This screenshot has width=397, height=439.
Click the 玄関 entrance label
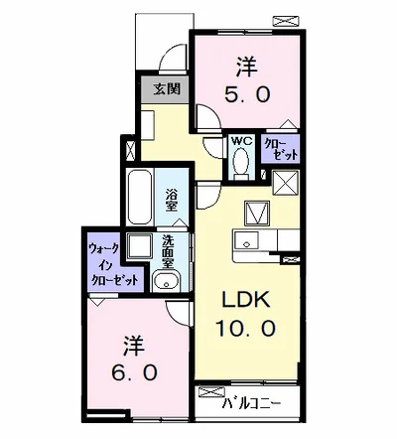(x=166, y=89)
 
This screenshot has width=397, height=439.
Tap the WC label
(x=241, y=142)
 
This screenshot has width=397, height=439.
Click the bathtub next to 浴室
(x=139, y=199)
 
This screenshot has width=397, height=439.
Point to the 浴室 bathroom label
(x=171, y=200)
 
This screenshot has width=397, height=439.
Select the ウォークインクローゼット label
(x=109, y=264)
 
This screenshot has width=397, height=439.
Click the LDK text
(x=242, y=301)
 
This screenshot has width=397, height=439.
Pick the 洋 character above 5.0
(x=245, y=70)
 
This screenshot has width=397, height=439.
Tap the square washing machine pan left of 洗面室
(x=139, y=248)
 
